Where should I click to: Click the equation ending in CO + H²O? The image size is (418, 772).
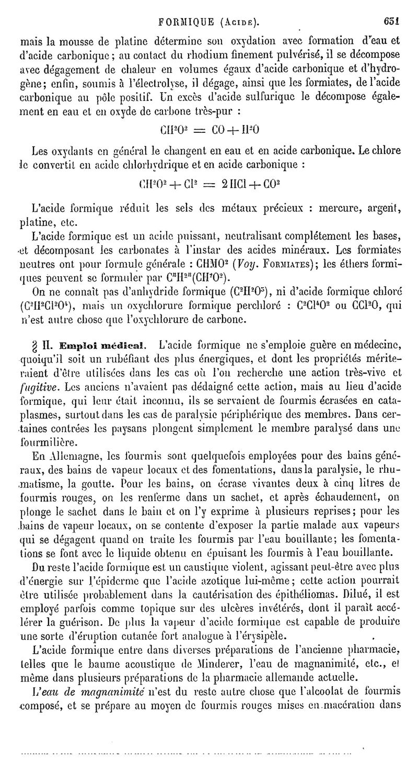210,129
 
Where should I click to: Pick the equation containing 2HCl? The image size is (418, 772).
209,184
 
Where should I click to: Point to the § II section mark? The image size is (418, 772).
42,346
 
